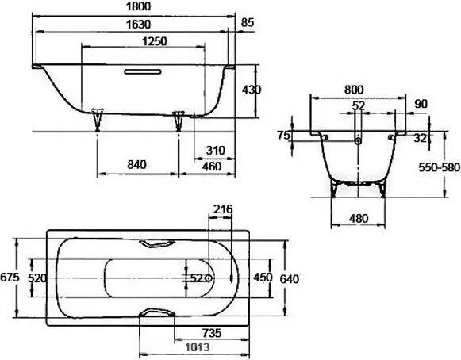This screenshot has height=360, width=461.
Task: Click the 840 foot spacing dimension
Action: point(137,164)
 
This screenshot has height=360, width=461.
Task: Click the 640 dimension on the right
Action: point(290,278)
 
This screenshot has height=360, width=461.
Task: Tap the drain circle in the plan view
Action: point(209,278)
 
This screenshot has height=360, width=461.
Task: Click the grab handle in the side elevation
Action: point(140,74)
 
